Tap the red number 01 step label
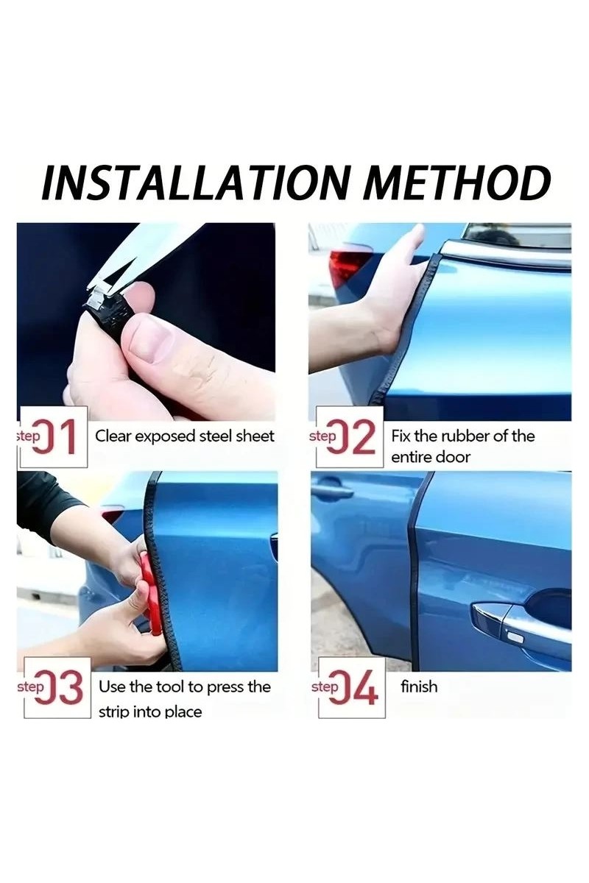(x=57, y=437)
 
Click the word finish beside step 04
(x=419, y=687)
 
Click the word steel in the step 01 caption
(x=216, y=436)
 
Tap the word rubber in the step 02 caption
(x=467, y=436)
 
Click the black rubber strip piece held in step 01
(x=107, y=311)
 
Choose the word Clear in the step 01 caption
(x=112, y=436)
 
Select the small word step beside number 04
(x=325, y=687)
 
